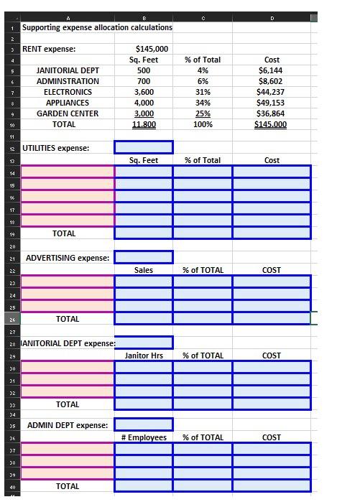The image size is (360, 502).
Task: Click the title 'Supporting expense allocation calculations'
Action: point(97,27)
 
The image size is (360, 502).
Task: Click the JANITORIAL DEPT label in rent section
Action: point(68,70)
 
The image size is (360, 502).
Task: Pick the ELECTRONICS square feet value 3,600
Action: point(144,92)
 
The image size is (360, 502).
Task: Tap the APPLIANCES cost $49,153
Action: point(272,103)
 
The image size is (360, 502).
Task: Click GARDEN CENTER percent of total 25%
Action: point(203,113)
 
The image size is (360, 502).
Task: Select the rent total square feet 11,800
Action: point(143,124)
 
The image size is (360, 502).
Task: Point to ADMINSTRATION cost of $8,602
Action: point(272,81)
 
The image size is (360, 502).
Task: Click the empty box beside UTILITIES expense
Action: point(144,147)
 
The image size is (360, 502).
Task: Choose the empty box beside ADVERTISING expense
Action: point(144,257)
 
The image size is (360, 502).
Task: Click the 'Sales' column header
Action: point(144,270)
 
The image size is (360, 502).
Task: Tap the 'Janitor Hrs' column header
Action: point(144,355)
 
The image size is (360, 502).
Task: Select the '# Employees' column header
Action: point(144,437)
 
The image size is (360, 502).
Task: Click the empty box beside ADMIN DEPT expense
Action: point(144,424)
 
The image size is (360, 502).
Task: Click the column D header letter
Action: point(272,17)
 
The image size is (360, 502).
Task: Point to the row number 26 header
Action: point(13,319)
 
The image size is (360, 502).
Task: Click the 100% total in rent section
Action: point(203,124)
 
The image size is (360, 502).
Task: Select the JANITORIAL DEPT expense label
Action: point(68,343)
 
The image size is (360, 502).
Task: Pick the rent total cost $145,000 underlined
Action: point(272,124)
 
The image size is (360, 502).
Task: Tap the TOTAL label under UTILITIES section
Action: point(64,233)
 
